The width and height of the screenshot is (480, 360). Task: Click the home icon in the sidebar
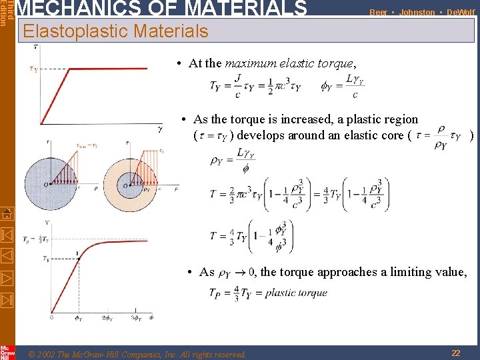[7, 214]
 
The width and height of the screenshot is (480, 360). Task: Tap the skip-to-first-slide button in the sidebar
[7, 235]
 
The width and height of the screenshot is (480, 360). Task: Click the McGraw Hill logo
[7, 351]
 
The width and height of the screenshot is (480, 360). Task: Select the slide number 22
[455, 353]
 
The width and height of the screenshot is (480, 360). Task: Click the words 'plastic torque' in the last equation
[296, 293]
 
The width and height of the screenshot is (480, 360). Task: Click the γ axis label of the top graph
[160, 129]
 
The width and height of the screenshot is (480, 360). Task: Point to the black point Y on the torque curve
[77, 253]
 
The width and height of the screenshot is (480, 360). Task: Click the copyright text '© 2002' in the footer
[45, 353]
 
